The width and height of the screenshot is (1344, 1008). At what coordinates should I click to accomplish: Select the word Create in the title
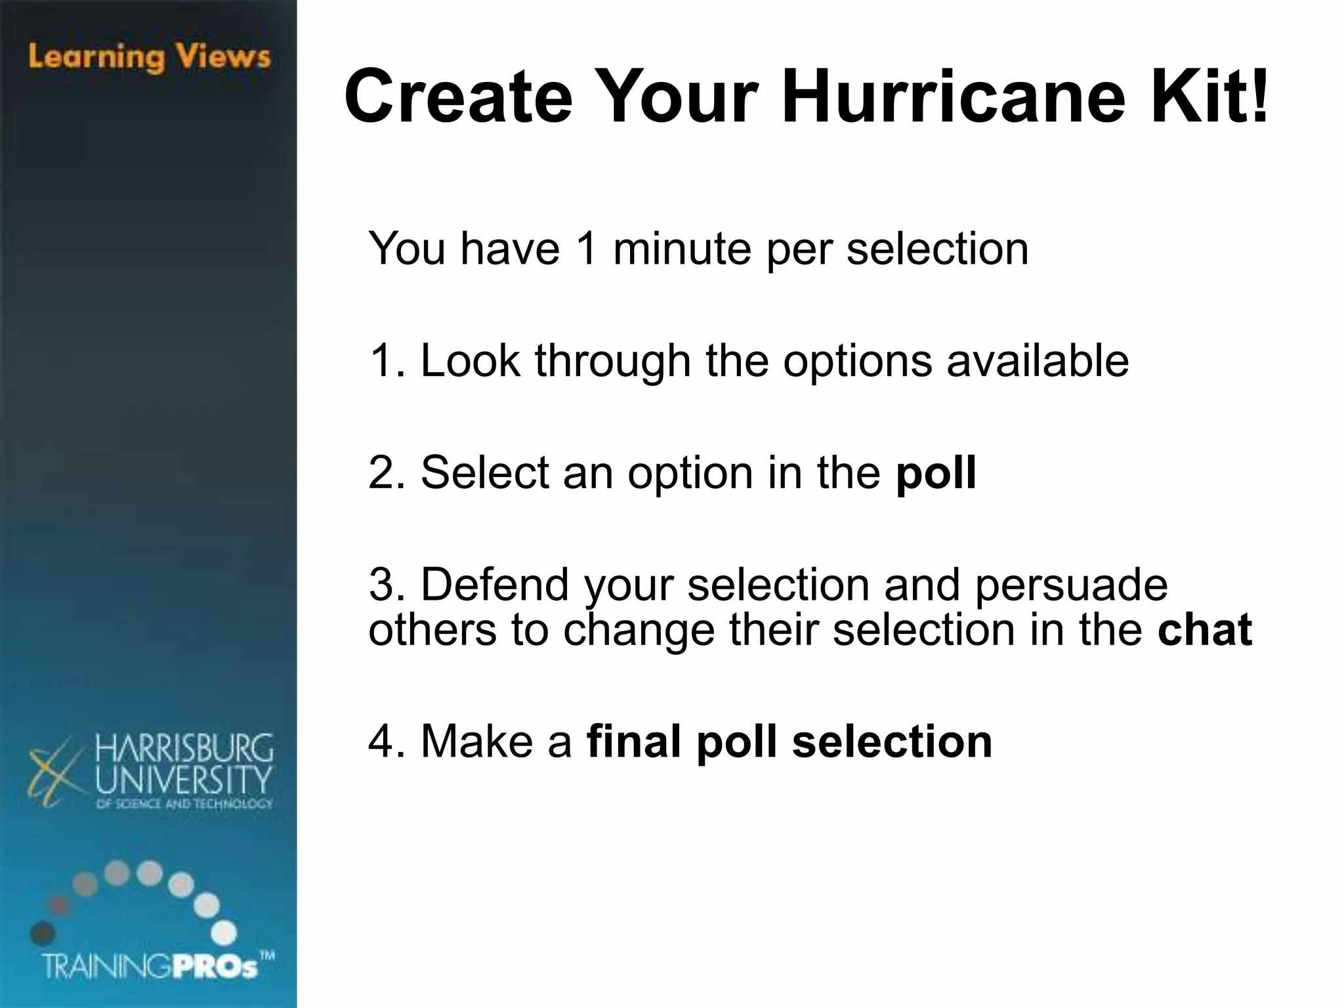pyautogui.click(x=458, y=97)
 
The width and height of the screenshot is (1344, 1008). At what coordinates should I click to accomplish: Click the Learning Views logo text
pyautogui.click(x=150, y=57)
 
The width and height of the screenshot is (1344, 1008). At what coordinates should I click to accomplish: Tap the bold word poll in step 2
pyautogui.click(x=936, y=472)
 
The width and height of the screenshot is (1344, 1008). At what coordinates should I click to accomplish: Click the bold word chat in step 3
pyautogui.click(x=1205, y=629)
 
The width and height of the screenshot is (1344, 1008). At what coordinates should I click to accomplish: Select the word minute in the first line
pyautogui.click(x=682, y=249)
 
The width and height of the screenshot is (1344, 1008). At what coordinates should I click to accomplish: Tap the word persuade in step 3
pyautogui.click(x=1071, y=585)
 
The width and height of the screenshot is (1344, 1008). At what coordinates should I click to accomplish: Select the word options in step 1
pyautogui.click(x=857, y=362)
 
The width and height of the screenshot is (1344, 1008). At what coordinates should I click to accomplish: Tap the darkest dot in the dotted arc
pyautogui.click(x=42, y=932)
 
